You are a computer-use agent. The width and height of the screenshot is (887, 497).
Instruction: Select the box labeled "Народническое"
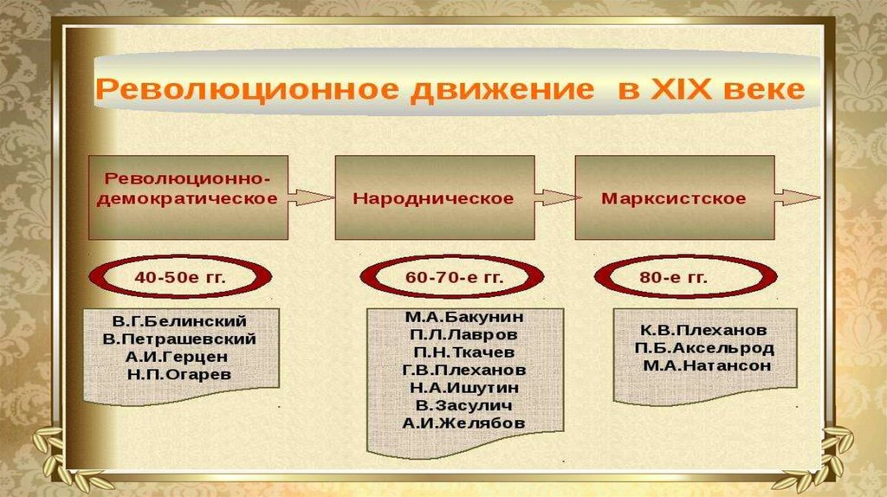pyautogui.click(x=433, y=198)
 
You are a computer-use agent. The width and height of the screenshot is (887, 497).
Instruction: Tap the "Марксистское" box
pyautogui.click(x=673, y=198)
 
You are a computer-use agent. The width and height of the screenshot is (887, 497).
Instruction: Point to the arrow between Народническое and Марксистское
pyautogui.click(x=553, y=198)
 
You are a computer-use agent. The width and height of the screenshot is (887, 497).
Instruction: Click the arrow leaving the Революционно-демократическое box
pyautogui.click(x=309, y=198)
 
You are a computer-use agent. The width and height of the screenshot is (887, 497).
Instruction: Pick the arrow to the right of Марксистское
pyautogui.click(x=796, y=198)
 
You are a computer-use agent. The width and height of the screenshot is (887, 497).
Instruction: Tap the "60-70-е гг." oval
pyautogui.click(x=454, y=278)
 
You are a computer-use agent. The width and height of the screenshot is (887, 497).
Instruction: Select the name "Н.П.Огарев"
pyautogui.click(x=179, y=376)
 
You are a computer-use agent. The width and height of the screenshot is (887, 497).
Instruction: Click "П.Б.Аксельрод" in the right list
pyautogui.click(x=703, y=348)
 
